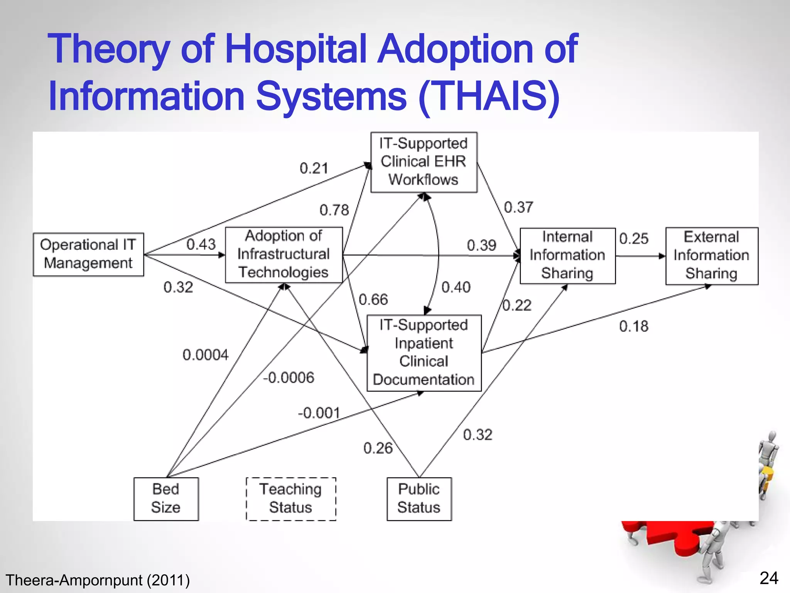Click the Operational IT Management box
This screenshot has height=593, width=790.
point(88,254)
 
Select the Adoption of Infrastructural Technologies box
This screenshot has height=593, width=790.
point(284,255)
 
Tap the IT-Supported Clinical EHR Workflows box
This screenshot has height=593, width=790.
point(424,162)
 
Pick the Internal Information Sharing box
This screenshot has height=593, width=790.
point(567,256)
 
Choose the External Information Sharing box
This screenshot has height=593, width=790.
point(711,256)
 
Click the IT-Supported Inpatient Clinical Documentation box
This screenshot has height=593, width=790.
point(424,353)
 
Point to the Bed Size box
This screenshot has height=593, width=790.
point(166,499)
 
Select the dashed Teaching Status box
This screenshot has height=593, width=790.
point(291,499)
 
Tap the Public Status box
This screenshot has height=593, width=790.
point(419,499)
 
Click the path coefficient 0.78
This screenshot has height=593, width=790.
point(334,210)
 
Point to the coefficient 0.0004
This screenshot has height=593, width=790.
point(206,355)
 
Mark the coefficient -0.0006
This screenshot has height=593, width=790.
point(289,378)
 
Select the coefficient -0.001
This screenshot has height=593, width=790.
point(319,413)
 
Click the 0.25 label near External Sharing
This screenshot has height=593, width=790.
point(634,239)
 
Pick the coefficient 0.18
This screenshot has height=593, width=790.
point(634,327)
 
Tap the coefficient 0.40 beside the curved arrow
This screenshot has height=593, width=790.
point(456,287)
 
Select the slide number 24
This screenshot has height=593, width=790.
point(769,578)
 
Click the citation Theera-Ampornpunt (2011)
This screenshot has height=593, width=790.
point(98,580)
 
